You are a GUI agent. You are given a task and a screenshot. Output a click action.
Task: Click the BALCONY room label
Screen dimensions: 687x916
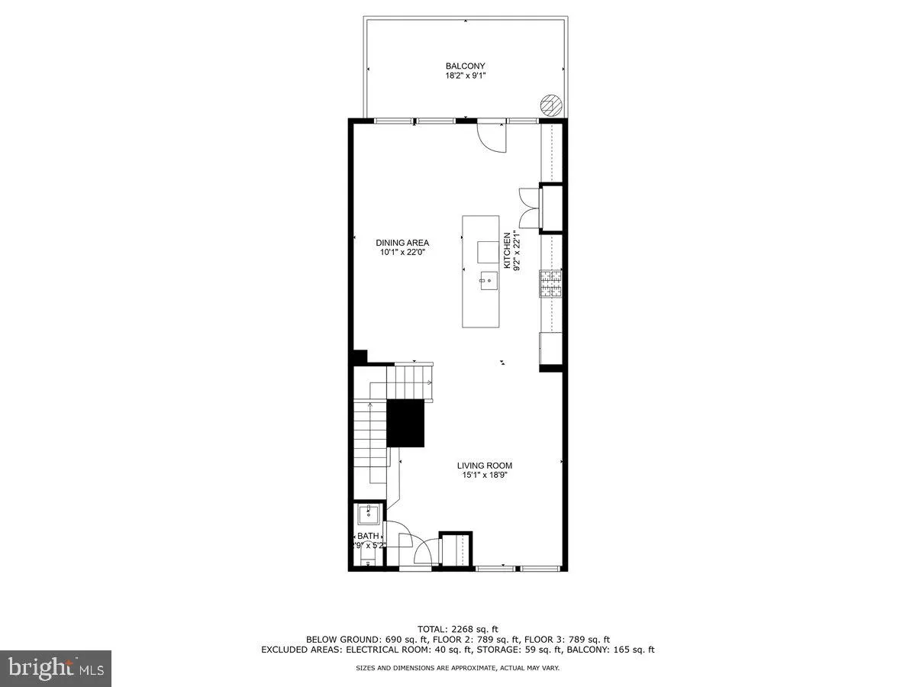coord(465,66)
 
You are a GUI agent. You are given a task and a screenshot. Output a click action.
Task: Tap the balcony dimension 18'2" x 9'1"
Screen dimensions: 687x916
coord(465,76)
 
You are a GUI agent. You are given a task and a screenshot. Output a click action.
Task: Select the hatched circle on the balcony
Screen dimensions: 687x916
coord(550,105)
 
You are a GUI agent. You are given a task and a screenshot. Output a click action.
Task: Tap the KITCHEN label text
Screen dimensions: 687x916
coord(506,250)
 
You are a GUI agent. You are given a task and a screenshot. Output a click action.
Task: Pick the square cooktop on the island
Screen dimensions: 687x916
coord(487,252)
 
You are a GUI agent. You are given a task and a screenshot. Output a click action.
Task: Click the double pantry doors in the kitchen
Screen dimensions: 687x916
coord(528,208)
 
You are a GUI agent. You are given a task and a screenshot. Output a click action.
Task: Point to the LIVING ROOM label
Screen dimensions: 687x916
coord(485,466)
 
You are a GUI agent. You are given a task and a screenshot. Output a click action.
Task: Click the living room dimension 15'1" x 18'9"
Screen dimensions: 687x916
coord(485,476)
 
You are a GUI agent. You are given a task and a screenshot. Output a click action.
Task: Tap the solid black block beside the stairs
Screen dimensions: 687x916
coord(405,423)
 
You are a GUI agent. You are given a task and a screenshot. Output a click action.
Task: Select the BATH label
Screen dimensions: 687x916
coord(368,536)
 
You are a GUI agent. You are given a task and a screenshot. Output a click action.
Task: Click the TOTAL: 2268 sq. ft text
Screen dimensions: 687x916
coord(458,628)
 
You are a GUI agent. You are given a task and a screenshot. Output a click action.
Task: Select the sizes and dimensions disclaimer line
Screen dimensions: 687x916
coord(458,668)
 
